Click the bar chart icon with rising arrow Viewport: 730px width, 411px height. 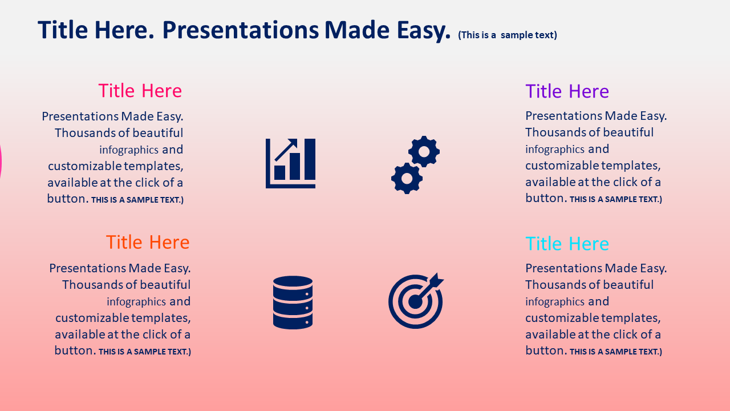click(290, 163)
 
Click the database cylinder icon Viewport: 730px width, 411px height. click(293, 303)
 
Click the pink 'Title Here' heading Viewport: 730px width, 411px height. click(140, 91)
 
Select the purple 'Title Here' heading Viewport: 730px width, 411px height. click(567, 91)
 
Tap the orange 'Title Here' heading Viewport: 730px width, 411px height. click(148, 243)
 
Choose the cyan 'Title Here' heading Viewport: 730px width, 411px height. click(567, 244)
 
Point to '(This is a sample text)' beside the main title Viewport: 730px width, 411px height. click(508, 35)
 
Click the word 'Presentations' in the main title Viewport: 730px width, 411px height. click(241, 30)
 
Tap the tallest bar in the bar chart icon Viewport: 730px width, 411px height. click(310, 159)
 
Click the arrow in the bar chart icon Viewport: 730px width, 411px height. click(286, 150)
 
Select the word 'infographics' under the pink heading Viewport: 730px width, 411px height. click(129, 150)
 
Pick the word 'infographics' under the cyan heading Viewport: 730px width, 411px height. click(555, 302)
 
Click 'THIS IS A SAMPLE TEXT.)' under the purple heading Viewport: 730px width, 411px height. click(616, 199)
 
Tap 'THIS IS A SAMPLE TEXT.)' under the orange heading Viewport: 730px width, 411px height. click(145, 352)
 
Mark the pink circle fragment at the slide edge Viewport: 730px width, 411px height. click(1, 162)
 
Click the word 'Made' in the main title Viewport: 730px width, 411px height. click(357, 30)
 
